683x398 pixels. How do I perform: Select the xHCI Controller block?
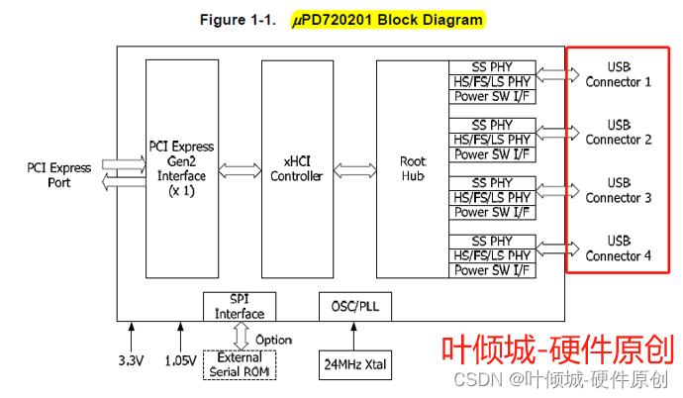pyautogui.click(x=297, y=168)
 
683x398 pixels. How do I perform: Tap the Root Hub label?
pyautogui.click(x=412, y=168)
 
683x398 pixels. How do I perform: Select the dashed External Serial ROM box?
pyautogui.click(x=240, y=364)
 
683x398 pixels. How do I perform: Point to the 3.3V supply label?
pyautogui.click(x=132, y=359)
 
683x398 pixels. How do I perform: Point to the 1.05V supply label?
pyautogui.click(x=179, y=359)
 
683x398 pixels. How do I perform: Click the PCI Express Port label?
pyautogui.click(x=58, y=175)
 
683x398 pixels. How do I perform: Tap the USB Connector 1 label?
pyautogui.click(x=619, y=74)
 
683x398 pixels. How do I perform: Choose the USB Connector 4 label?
pyautogui.click(x=619, y=249)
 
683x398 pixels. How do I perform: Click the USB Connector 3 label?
pyautogui.click(x=619, y=190)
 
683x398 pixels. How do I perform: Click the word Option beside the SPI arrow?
pyautogui.click(x=273, y=340)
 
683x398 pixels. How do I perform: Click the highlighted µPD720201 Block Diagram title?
pyautogui.click(x=373, y=19)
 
